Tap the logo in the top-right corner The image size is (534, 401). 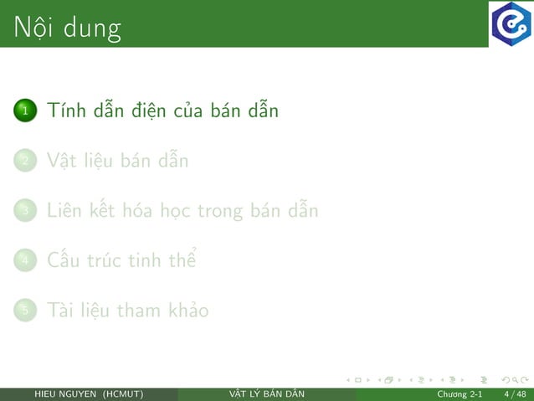[511, 23]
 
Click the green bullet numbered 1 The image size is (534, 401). [25, 111]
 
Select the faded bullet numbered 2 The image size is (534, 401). [25, 161]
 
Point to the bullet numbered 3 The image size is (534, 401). [25, 211]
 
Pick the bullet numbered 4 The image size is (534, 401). [25, 260]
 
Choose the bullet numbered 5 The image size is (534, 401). [25, 311]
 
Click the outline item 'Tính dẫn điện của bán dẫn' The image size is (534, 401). [162, 111]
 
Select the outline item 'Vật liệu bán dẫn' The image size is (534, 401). [118, 161]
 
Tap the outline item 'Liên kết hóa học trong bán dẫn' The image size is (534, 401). [182, 211]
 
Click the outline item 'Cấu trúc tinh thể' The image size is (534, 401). [121, 260]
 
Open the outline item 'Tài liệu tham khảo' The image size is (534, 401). [128, 311]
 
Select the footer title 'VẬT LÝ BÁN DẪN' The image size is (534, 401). [267, 394]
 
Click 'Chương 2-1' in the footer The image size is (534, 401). [459, 394]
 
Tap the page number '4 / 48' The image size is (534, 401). [515, 394]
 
